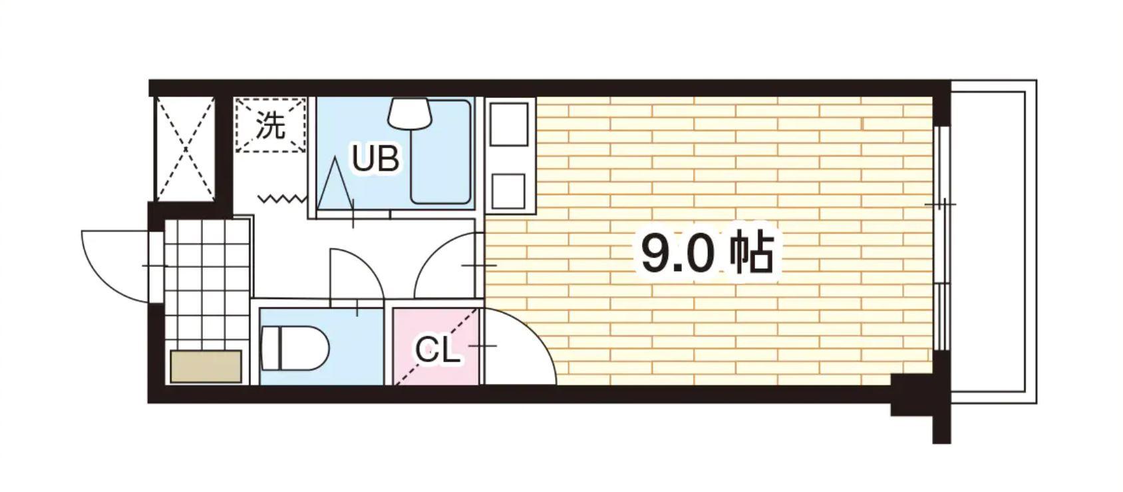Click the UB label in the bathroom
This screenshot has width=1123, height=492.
[x=376, y=160]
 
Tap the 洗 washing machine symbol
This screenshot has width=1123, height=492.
[x=271, y=124]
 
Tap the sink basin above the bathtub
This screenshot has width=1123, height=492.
[x=410, y=113]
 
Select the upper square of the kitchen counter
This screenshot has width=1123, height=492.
[x=509, y=123]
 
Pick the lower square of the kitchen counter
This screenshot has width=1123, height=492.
[x=509, y=190]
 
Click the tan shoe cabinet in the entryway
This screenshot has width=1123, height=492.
[x=206, y=366]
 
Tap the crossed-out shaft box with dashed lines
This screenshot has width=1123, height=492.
[x=185, y=148]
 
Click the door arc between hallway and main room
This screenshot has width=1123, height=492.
[x=446, y=266]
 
